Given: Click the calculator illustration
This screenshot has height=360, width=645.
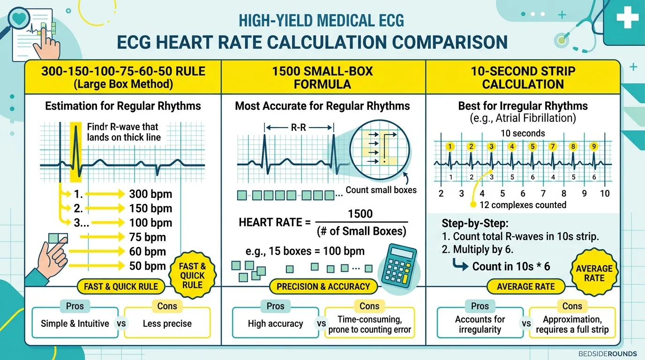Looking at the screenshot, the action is coord(399,266).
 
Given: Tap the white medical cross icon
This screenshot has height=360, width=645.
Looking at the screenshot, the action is coord(628,17).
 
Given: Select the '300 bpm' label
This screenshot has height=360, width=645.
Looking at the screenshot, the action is coord(150,194).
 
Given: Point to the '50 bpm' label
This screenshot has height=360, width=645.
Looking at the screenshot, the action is coord(148,266).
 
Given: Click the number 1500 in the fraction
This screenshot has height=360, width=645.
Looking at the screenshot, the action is coord(360,214).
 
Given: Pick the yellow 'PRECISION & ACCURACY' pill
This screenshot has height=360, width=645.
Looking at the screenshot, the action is coord(323,286).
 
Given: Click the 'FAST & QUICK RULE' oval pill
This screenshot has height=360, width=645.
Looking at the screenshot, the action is coord(121,286).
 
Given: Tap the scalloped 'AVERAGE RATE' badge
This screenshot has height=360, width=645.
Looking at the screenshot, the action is coord(594,273).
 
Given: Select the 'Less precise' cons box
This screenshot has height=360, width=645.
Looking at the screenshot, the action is coord(167,323).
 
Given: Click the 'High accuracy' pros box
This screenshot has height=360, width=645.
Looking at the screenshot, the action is coord(275,323).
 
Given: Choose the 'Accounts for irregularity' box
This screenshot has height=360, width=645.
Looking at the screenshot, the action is coord(480,323).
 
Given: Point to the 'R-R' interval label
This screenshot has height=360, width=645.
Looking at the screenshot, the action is coord(298,127).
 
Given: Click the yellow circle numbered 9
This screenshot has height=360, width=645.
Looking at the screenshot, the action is coord(594,147).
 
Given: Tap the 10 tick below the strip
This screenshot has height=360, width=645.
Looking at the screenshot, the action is coord(605,194).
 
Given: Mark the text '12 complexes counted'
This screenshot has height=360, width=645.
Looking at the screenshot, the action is coord(523,205).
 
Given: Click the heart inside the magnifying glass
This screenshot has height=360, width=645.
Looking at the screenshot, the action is coord(19,19).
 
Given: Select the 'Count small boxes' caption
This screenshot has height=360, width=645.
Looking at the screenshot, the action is coord(381,190).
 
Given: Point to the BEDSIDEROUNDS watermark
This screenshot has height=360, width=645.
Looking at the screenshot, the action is coord(607,353).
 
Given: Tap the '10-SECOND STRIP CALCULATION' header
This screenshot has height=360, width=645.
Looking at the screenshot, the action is coord(523,78).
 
